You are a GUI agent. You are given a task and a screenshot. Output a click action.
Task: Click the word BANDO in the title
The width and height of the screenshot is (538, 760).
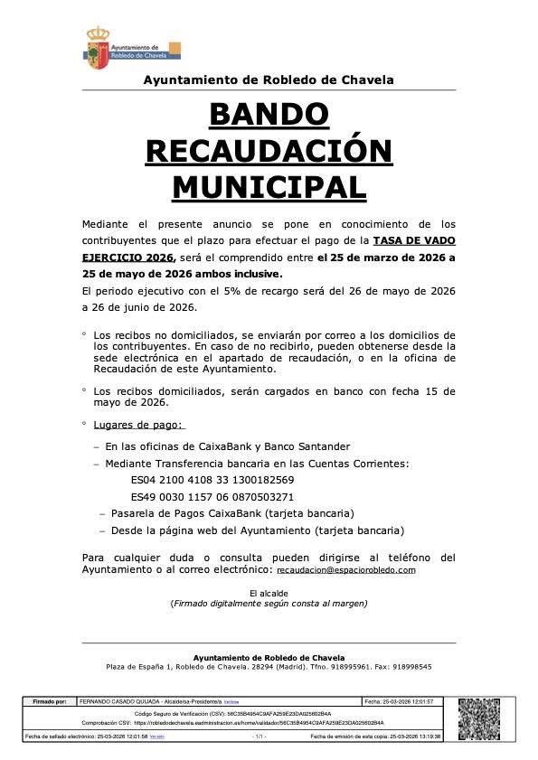269,115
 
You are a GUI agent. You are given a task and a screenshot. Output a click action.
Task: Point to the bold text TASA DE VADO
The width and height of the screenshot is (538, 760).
417,240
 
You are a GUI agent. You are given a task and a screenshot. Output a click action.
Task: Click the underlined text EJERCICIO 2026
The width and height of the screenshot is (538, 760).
127,258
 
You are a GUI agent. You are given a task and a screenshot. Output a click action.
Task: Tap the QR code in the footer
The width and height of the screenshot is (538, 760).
485,719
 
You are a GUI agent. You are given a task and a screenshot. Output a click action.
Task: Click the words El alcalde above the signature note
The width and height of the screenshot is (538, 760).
269,592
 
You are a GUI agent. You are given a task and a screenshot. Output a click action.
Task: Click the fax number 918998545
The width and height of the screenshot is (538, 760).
412,667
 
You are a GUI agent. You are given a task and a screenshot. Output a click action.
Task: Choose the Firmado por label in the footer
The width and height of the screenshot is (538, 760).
50,701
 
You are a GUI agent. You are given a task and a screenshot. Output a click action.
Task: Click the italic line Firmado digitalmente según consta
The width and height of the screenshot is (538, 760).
269,603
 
